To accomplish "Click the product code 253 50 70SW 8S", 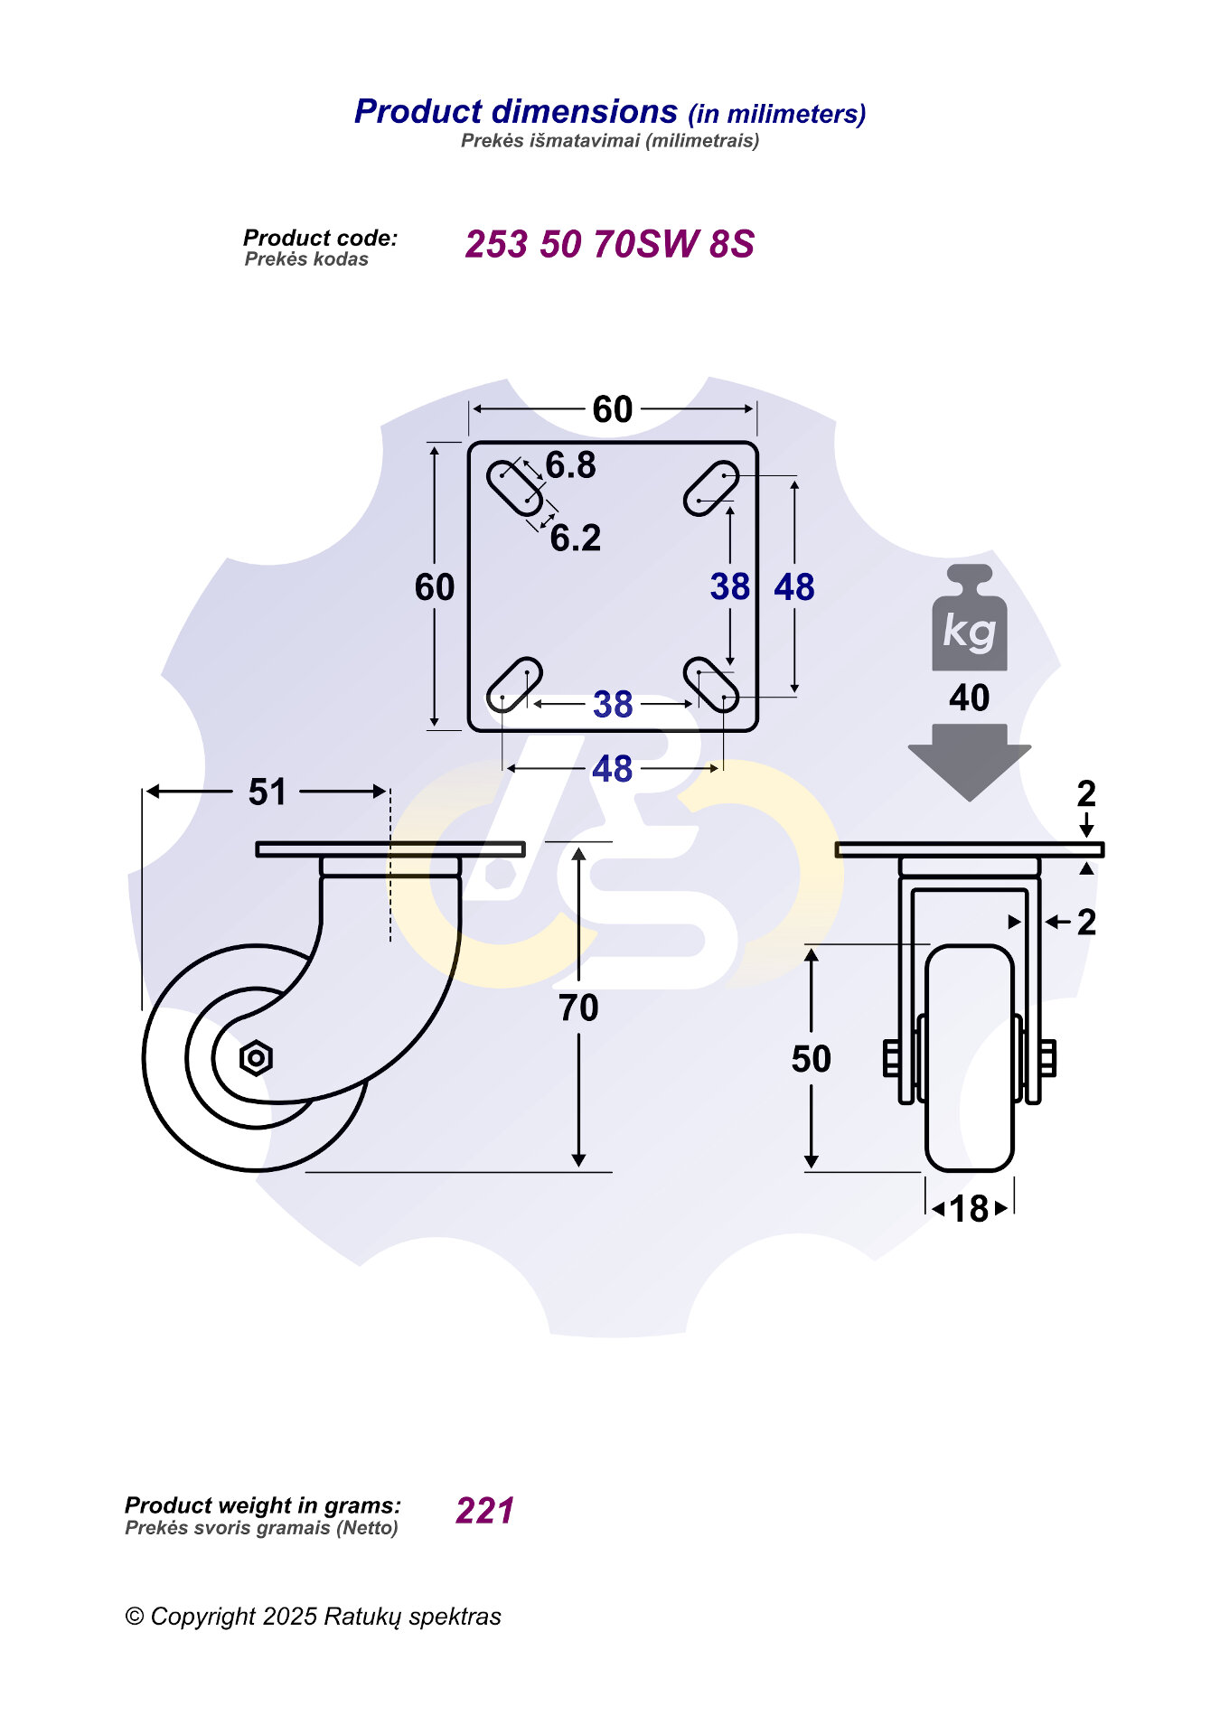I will (609, 244).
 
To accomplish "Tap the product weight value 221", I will (485, 1510).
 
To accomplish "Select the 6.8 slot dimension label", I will (571, 465).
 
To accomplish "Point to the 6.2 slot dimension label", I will (576, 539).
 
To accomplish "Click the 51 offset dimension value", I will (267, 792).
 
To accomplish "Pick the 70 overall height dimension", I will (578, 1008).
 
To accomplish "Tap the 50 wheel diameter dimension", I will (811, 1059).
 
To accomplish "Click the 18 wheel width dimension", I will (969, 1209).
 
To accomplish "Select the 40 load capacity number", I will (969, 698).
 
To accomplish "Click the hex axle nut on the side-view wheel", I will (256, 1057).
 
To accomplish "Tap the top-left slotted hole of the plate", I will (514, 487).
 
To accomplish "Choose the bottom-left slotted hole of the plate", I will (514, 685).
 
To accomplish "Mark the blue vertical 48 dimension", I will (794, 587).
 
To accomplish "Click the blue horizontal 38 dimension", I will (613, 705).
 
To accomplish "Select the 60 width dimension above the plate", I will (613, 409).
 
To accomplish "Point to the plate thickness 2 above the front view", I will (1086, 793).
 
